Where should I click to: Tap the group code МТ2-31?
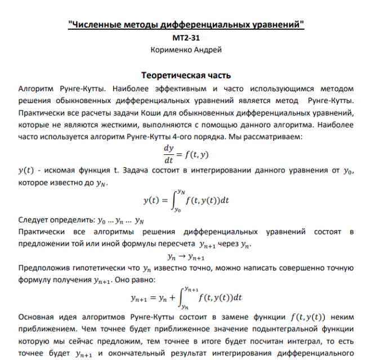(x=186, y=38)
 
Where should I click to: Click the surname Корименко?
(x=171, y=50)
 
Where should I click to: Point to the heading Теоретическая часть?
(x=186, y=75)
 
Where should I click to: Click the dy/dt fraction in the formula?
(x=168, y=153)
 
